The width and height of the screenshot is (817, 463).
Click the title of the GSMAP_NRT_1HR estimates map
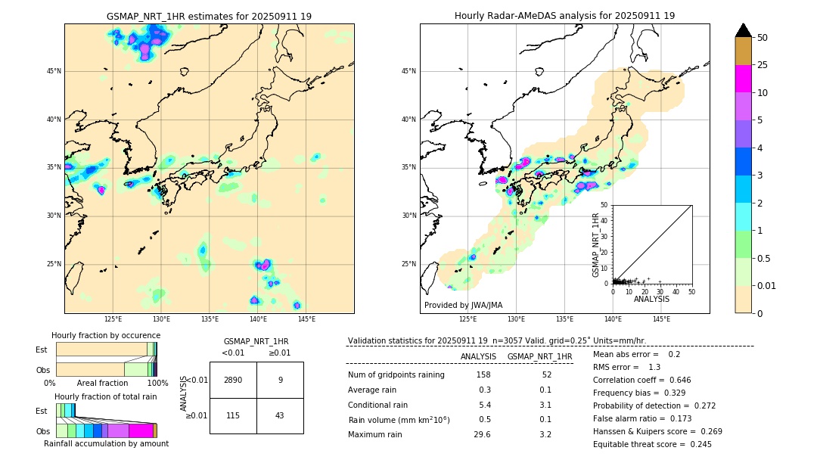pos(209,16)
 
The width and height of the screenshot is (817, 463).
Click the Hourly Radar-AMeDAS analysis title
pos(564,16)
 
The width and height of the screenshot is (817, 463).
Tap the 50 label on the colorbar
pos(763,38)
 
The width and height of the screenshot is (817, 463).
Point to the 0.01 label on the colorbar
pos(766,285)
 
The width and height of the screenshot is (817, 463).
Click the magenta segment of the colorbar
pos(743,79)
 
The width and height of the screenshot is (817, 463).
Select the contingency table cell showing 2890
pos(233,380)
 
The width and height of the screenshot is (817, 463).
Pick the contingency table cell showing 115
pos(233,415)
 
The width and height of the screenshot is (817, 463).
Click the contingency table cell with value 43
pos(280,415)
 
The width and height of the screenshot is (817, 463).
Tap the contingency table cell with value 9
pos(280,380)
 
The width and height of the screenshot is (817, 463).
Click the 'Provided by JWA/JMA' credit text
pos(463,305)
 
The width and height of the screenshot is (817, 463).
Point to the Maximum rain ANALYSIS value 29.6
pos(482,434)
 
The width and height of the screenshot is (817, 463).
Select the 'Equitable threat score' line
pos(652,444)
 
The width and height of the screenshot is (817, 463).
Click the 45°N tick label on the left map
pos(54,71)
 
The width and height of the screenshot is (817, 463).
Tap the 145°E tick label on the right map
pos(661,319)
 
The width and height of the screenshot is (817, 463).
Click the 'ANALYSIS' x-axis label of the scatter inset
pos(651,299)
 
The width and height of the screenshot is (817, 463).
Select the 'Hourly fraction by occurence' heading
pos(106,335)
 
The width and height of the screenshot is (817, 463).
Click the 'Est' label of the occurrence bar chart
pos(42,350)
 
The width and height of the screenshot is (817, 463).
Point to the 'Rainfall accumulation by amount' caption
pos(106,443)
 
